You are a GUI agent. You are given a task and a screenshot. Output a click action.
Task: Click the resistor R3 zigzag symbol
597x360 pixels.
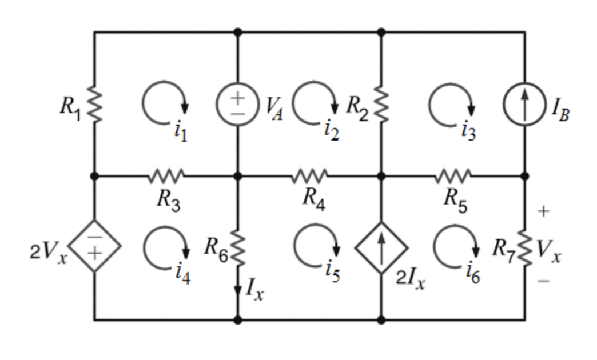point(166,176)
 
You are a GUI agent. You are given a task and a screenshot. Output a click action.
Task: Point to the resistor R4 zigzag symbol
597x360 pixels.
point(309,176)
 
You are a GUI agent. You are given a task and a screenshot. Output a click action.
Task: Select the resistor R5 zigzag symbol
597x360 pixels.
point(453,176)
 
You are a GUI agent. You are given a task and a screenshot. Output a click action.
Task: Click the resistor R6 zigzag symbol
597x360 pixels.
point(238,247)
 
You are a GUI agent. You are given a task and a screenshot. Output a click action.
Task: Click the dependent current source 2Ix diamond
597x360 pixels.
point(381,247)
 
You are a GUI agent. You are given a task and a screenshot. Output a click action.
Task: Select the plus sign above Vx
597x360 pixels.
point(543,212)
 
